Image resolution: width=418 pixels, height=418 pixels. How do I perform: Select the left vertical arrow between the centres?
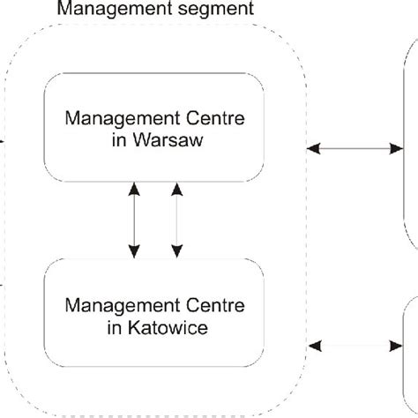point(133,220)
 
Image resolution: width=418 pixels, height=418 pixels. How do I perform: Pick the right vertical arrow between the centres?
point(176,220)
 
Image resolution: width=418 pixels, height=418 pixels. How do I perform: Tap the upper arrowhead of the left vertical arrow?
point(133,187)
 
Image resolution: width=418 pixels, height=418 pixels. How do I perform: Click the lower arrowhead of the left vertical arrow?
point(133,254)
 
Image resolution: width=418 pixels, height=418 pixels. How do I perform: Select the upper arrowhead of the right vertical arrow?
point(176,187)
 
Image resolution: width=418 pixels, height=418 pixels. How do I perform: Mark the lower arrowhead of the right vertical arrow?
point(176,254)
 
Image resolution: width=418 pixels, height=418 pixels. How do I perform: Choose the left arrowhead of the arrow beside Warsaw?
point(312,150)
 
